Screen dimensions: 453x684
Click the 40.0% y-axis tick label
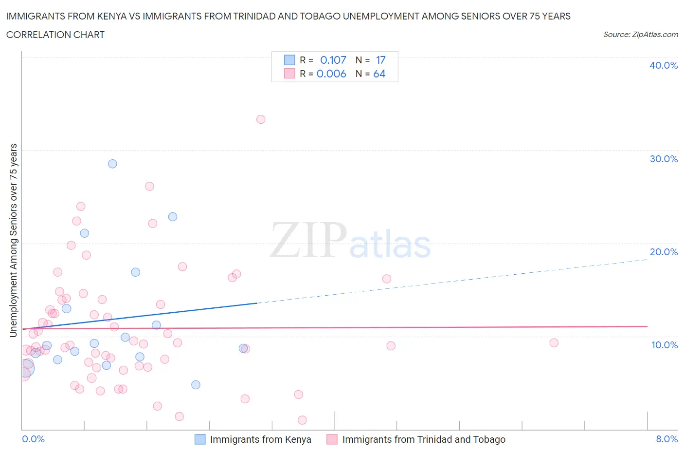664,65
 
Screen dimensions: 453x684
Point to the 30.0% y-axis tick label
664,159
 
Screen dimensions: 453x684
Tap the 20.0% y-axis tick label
664,252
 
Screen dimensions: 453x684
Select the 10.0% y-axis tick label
664,345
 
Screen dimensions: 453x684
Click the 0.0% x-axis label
33,439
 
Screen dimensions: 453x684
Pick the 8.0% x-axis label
666,439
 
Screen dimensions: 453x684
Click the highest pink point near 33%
261,119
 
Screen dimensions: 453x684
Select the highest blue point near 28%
112,164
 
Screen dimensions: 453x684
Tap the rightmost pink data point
554,343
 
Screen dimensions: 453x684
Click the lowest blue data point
196,385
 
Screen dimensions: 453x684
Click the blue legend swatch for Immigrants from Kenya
200,439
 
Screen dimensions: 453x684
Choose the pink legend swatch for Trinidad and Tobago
332,439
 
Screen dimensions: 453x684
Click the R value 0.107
333,60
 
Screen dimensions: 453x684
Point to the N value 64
379,74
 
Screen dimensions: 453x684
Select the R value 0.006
331,74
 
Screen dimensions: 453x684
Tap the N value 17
380,60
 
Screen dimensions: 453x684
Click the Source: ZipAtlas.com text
640,34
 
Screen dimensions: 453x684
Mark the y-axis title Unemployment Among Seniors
13,240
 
